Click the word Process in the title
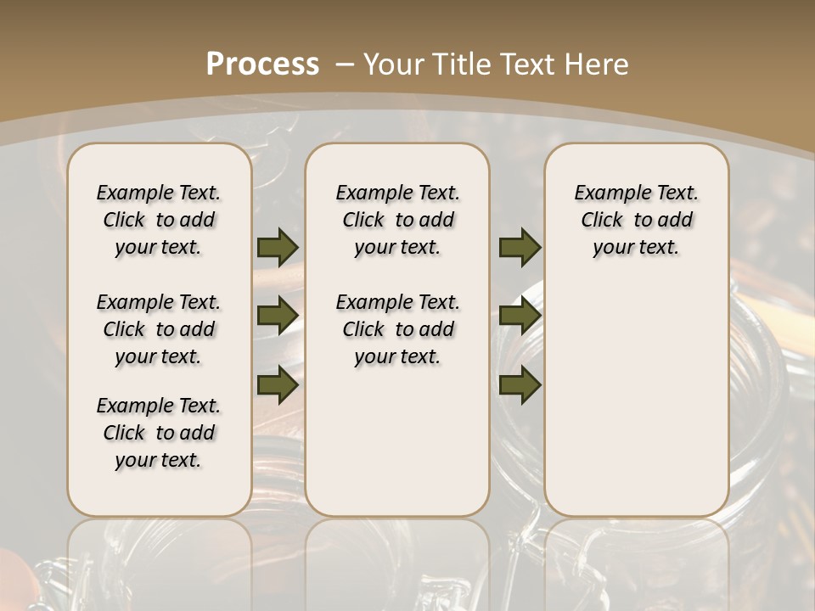coord(262,64)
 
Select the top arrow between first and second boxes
coord(278,247)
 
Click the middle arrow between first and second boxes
coord(278,316)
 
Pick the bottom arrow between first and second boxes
coord(278,384)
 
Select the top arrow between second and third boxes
coord(520,247)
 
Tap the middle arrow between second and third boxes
coord(520,316)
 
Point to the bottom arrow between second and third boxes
coord(520,384)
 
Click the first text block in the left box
coord(159,220)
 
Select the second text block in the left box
coord(159,329)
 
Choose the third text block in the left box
coord(159,433)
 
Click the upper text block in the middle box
coord(397,220)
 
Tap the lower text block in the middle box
coord(397,329)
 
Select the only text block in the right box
coord(636,220)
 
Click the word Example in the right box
coord(606,193)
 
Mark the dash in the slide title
coord(345,64)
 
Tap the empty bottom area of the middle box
coord(397,450)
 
